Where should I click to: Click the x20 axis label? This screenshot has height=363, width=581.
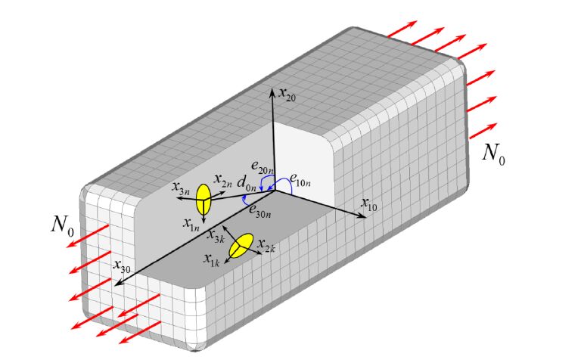point(287,94)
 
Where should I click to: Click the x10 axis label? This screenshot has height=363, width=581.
point(369,203)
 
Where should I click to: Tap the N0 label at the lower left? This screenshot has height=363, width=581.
point(62,224)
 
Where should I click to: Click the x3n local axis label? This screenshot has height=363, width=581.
point(182,188)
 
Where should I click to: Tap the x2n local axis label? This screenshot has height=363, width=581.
point(222,181)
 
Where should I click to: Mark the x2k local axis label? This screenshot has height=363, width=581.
point(265,246)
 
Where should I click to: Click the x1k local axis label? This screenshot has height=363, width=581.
point(211,259)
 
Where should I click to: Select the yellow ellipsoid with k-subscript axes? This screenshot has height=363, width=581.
point(241,247)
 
